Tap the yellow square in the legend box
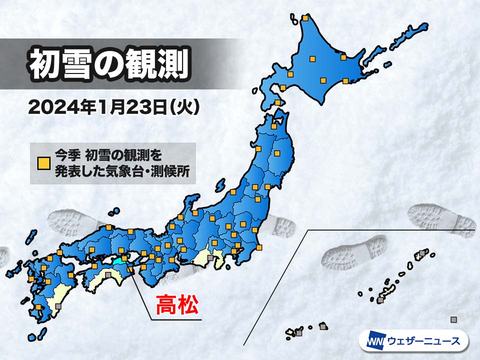point(44,163)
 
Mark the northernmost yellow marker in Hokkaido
point(305,18)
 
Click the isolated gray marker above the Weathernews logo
point(453,319)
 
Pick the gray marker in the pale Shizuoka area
point(210,258)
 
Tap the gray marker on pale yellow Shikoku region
point(108,274)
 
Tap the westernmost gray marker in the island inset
point(299,332)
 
